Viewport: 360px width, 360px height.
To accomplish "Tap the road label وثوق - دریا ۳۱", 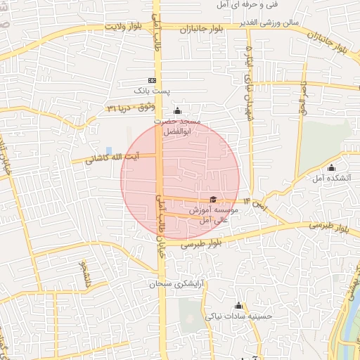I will point(130,108).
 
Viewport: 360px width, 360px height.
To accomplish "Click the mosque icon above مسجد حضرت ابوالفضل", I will point(176,110).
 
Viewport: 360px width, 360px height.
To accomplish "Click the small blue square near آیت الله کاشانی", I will point(108,150).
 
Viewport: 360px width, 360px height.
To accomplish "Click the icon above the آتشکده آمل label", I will point(331,167).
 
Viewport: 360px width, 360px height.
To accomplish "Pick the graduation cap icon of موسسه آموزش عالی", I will point(214,199).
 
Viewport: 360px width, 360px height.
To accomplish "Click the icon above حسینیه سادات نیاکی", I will point(238,306).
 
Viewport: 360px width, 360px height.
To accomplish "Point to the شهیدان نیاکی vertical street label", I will point(247,81).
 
